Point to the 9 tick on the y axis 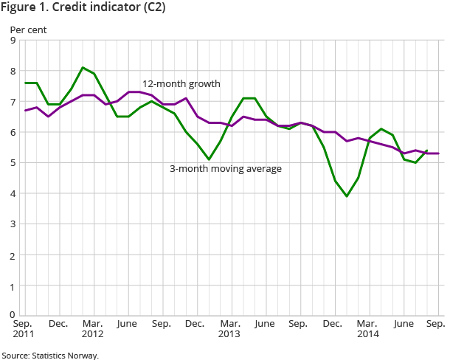pos(13,41)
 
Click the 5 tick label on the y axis pos(13,163)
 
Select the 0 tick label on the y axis pos(13,315)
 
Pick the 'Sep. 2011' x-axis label pos(24,329)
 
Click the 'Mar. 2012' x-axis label pos(92,329)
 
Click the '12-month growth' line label pos(181,83)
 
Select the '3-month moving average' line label pos(226,168)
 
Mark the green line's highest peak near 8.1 pos(82,68)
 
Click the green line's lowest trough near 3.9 pos(347,196)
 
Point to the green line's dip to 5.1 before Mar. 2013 pos(210,159)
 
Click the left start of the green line pos(24,83)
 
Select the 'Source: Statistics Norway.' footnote pos(49,355)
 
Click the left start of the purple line pos(24,111)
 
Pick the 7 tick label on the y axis pos(13,102)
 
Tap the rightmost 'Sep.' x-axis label pos(435,324)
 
